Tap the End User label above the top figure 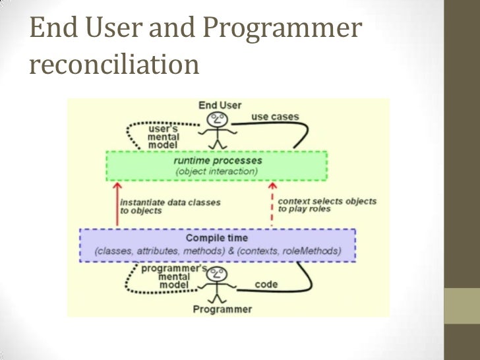pyautogui.click(x=220, y=105)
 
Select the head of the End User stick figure pyautogui.click(x=218, y=119)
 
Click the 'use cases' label pyautogui.click(x=275, y=117)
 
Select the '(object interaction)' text pyautogui.click(x=217, y=171)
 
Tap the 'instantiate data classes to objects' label pyautogui.click(x=170, y=206)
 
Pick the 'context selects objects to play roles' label pyautogui.click(x=327, y=205)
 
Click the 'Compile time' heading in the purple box pyautogui.click(x=217, y=237)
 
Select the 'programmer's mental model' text pyautogui.click(x=173, y=278)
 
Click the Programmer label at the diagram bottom pyautogui.click(x=222, y=309)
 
